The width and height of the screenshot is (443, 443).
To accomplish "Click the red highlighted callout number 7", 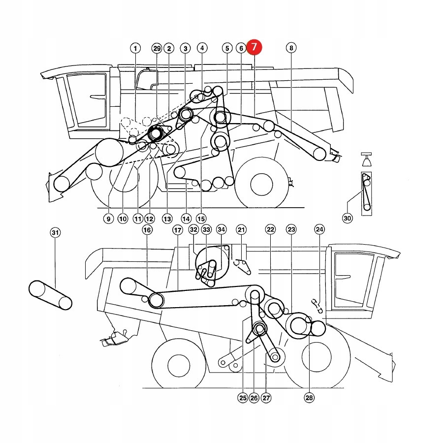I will (x=254, y=48).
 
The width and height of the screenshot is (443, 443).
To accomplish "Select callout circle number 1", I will (x=135, y=48).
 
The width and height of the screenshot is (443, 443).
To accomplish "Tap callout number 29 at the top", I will (x=157, y=48).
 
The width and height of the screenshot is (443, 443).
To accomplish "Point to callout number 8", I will (x=291, y=48).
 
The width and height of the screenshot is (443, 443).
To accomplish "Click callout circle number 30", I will (x=348, y=218).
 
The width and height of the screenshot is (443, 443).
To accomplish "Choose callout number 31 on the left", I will (x=55, y=232).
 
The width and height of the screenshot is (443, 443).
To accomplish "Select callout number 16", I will (x=147, y=230).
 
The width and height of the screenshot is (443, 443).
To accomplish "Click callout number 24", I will (x=319, y=230).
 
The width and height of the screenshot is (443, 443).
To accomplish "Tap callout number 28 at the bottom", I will (x=309, y=398).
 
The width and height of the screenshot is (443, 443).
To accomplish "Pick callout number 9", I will (x=108, y=218).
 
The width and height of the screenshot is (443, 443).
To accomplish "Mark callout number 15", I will (x=200, y=218).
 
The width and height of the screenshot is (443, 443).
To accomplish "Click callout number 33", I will (x=206, y=230).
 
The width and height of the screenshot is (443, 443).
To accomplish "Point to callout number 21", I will (x=241, y=230).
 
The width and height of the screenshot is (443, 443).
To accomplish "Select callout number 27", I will (x=266, y=398).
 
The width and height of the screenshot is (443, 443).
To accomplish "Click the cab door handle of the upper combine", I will (x=97, y=96).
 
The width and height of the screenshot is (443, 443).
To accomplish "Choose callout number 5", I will (x=226, y=48).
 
